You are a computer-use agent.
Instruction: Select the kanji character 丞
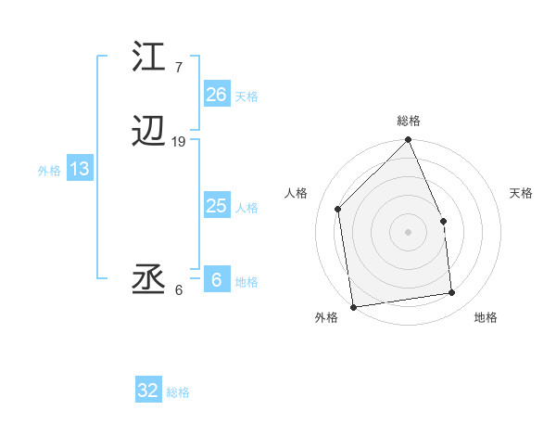[x=148, y=280]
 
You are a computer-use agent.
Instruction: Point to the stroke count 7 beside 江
[x=178, y=68]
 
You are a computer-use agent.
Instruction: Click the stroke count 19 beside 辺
[x=179, y=142]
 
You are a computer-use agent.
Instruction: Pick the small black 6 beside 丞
[x=178, y=289]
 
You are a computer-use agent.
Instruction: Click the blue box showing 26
[x=216, y=95]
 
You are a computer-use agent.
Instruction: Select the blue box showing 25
[x=216, y=206]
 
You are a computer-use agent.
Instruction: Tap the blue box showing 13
[x=79, y=169]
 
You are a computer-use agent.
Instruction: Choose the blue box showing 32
[x=148, y=391]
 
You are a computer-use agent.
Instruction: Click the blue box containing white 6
[x=216, y=280]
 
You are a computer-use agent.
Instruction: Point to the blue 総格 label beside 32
[x=178, y=393]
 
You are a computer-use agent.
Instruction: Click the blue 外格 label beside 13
[x=49, y=171]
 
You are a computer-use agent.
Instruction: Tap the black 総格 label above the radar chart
[x=409, y=121]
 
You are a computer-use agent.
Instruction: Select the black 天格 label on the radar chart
[x=522, y=193]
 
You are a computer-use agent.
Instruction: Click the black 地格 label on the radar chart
[x=486, y=317]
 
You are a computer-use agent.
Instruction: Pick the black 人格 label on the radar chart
[x=297, y=193]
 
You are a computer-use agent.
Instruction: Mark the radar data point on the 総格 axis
[x=409, y=141]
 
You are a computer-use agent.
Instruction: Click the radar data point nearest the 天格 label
[x=443, y=221]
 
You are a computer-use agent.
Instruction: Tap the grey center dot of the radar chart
[x=409, y=232]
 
